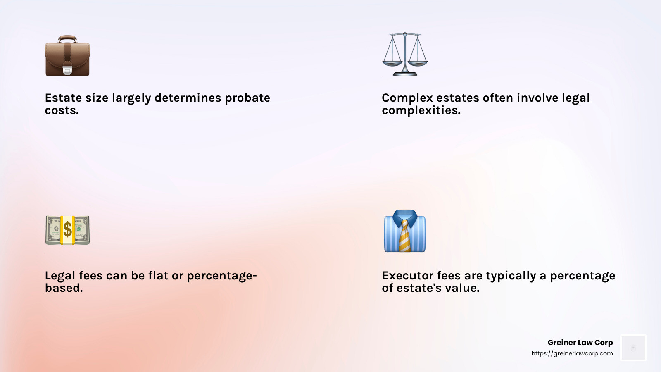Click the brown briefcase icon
click(x=67, y=57)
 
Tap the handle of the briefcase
click(x=67, y=38)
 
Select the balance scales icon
click(x=405, y=54)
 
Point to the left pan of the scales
click(x=392, y=63)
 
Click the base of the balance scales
click(x=405, y=74)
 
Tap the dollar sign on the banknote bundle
click(x=67, y=230)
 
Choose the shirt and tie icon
click(x=405, y=231)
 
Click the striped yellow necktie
click(x=405, y=236)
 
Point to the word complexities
click(x=421, y=111)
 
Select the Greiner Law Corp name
click(x=580, y=343)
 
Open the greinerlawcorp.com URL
click(x=572, y=353)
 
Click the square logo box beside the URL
click(x=633, y=348)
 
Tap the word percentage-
click(x=222, y=276)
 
